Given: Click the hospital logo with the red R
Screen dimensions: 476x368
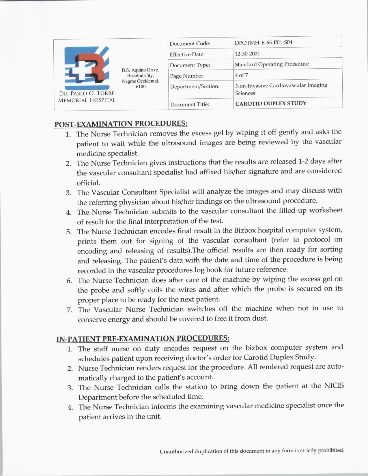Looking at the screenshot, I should tap(87, 68).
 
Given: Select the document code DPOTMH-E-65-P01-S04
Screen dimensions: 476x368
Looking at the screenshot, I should tap(263, 42).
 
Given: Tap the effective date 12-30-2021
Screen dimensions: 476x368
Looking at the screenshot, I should tap(247, 53).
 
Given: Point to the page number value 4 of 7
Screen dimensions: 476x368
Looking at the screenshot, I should tap(241, 75).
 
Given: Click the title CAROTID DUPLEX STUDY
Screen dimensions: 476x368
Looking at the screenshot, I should tap(271, 103).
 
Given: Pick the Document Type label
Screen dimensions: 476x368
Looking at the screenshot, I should tap(190, 65).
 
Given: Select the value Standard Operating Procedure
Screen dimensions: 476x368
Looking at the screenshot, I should tap(272, 64).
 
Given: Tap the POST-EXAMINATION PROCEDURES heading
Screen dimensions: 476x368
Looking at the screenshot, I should tap(121, 124).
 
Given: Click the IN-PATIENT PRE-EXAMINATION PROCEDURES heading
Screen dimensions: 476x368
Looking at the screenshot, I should tap(143, 338).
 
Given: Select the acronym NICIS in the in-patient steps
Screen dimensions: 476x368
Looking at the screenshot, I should tap(334, 386).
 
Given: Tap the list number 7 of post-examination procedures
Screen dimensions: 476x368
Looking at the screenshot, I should tap(69, 310).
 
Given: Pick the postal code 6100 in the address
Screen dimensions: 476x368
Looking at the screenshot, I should tap(141, 87).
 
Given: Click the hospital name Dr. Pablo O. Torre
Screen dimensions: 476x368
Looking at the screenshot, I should tap(87, 93).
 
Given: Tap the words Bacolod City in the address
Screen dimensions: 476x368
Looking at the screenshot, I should tap(141, 75).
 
